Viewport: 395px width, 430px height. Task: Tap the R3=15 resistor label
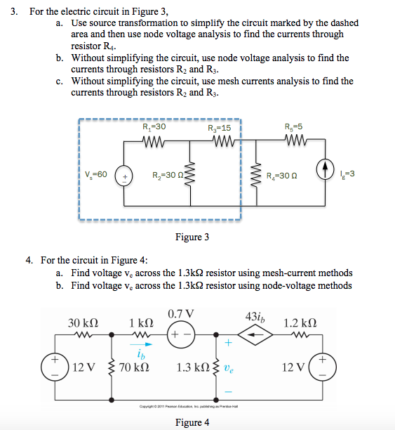[x=220, y=129]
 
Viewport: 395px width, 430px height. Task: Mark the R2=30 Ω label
[x=167, y=175]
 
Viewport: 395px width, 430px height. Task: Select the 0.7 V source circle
[x=180, y=334]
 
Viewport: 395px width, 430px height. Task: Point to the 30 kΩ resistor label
[x=83, y=322]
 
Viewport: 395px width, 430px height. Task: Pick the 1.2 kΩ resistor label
[x=300, y=322]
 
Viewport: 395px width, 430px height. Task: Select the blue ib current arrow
[x=142, y=344]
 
